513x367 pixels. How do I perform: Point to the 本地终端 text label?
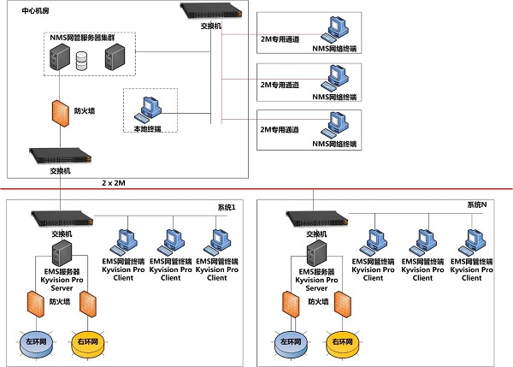tap(146, 128)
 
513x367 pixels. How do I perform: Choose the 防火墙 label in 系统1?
tap(61, 301)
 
